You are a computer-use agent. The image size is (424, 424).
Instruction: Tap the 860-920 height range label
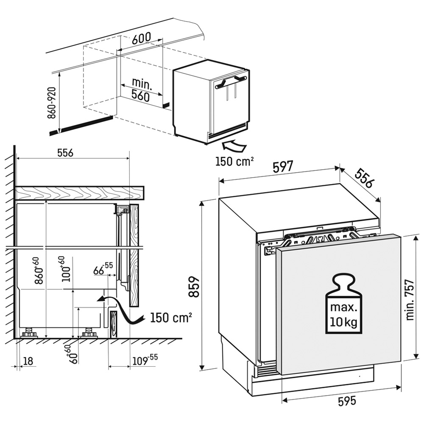click(51, 103)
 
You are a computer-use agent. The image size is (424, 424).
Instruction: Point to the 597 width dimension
click(283, 167)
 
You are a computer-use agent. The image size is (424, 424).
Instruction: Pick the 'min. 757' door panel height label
click(410, 300)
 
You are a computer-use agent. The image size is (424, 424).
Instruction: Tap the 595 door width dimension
click(347, 401)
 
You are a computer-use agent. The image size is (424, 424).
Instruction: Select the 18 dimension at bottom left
click(28, 361)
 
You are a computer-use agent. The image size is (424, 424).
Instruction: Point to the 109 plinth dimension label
click(145, 360)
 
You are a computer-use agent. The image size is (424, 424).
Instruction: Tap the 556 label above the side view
click(65, 153)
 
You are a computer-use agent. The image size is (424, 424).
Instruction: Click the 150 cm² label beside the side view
click(171, 317)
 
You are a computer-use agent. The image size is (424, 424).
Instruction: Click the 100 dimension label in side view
click(66, 269)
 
